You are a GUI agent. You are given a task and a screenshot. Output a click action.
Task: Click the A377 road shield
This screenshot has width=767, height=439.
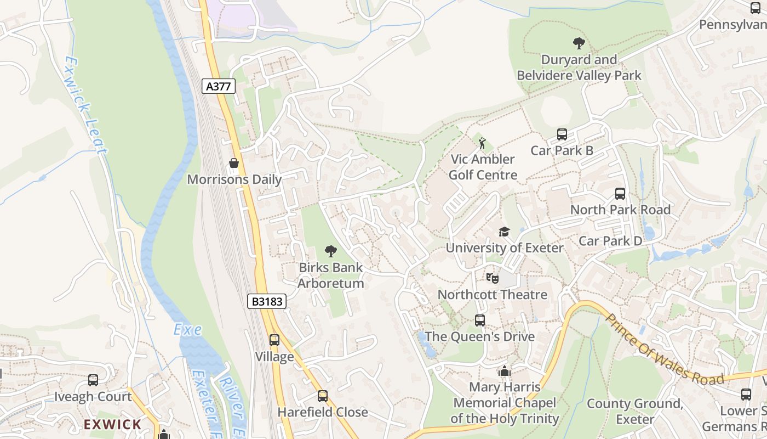coord(219,86)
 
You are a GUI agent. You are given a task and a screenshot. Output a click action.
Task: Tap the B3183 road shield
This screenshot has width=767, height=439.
coord(267,301)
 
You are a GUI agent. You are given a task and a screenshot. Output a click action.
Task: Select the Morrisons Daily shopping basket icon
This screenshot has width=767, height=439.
coord(234,163)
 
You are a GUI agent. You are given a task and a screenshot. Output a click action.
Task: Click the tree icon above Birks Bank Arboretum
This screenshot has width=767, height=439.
coord(330,252)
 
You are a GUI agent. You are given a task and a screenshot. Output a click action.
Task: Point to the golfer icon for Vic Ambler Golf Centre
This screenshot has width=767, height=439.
coord(483,144)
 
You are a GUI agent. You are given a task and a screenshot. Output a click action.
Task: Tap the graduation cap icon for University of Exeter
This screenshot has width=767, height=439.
coord(504,232)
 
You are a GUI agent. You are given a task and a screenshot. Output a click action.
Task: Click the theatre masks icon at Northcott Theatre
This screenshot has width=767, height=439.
coord(492,278)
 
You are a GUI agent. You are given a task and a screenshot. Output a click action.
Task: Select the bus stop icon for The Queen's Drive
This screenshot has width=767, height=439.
coord(480,320)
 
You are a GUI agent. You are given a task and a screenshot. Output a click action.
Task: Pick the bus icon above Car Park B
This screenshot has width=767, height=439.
coord(562,134)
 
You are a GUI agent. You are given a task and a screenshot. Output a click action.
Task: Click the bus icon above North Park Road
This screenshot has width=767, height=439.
coord(620,194)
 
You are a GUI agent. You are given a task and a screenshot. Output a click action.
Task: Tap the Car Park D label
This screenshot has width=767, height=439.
coord(610,241)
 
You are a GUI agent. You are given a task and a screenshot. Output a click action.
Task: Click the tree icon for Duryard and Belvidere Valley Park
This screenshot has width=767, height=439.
coord(579,43)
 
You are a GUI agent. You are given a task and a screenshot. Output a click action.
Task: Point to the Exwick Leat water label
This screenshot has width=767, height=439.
coord(84,104)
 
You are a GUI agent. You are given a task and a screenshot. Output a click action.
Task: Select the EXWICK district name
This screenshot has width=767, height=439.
coord(112,424)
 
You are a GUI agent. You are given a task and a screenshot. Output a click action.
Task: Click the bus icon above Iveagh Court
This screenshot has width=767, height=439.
coord(93,380)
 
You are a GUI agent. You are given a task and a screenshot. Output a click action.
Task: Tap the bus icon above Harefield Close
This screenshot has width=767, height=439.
coord(323,396)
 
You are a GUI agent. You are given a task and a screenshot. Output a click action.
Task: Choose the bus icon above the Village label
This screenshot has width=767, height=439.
coord(274,340)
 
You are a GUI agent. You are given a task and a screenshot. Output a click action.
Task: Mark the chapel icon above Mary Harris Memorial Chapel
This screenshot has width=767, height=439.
coord(505,372)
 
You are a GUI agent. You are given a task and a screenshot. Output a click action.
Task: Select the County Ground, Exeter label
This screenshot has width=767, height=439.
coord(634,412)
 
